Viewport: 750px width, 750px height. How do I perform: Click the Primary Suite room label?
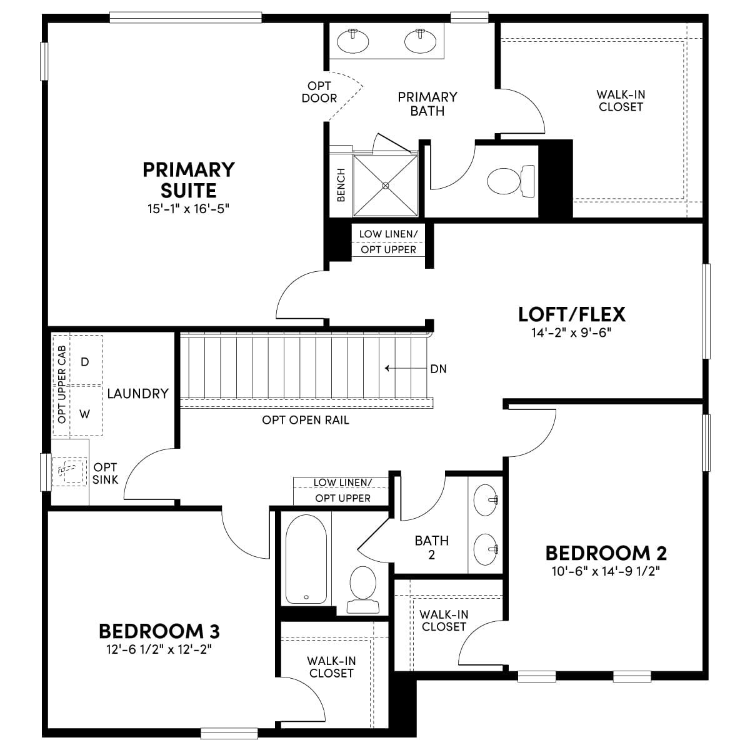pos(189,180)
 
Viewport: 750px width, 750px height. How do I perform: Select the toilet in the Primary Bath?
pos(511,181)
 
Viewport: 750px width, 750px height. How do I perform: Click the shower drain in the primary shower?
pos(386,186)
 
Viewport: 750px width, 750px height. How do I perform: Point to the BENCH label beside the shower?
pos(341,185)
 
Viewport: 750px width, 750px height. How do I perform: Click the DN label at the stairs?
pos(438,369)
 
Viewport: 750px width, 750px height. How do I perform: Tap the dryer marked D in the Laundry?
pos(85,362)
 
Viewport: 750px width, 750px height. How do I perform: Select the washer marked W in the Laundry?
pos(85,413)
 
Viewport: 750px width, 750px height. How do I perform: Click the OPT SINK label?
pos(105,473)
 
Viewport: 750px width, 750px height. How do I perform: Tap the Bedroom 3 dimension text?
pos(159,649)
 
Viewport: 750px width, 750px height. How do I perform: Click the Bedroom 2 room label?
pos(606,552)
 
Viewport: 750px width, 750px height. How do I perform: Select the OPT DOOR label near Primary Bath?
pos(319,92)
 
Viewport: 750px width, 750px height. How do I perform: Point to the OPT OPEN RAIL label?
pos(306,420)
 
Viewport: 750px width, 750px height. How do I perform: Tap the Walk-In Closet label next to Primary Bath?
pos(621,101)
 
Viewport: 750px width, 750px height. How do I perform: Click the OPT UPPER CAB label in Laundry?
pos(61,384)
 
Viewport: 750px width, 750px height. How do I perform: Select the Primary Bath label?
pos(427,104)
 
